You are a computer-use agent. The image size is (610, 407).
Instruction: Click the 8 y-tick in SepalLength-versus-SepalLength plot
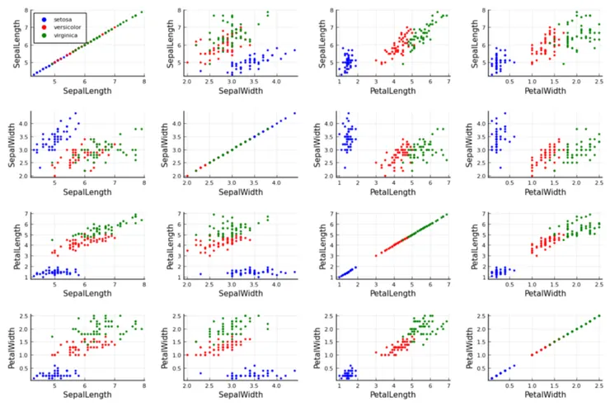point(27,12)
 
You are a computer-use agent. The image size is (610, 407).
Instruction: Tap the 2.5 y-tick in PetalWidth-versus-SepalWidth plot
point(180,316)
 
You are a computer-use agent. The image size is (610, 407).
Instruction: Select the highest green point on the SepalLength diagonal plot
point(142,12)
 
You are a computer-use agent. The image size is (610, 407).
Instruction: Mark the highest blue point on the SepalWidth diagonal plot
point(294,113)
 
